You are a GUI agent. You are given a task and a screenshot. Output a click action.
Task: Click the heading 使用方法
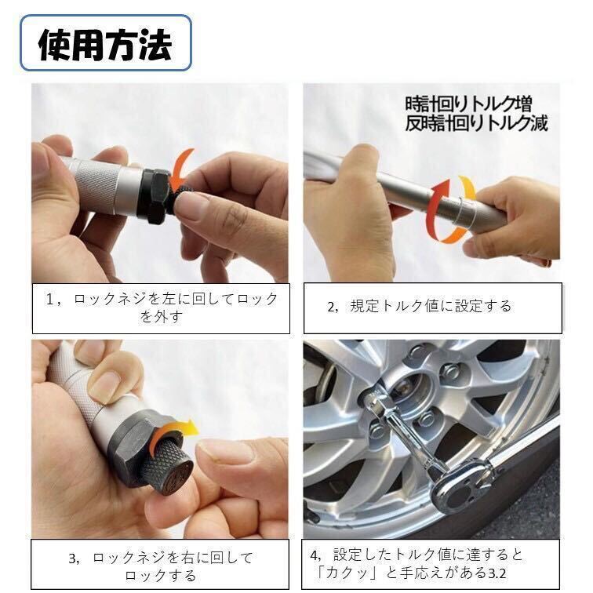pyautogui.click(x=105, y=44)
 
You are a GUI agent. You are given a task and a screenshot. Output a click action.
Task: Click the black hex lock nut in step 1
pyautogui.click(x=158, y=197)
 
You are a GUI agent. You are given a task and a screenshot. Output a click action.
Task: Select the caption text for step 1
pyautogui.click(x=162, y=307)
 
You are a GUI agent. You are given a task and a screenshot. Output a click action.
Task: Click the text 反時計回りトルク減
pyautogui.click(x=477, y=123)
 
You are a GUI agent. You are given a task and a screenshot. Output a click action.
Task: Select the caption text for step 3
pyautogui.click(x=161, y=566)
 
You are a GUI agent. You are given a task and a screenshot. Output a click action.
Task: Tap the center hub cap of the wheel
pyautogui.click(x=409, y=394)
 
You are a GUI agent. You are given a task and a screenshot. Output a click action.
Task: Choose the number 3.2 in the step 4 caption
pyautogui.click(x=497, y=573)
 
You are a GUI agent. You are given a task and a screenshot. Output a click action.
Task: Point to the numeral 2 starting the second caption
pyautogui.click(x=331, y=307)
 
